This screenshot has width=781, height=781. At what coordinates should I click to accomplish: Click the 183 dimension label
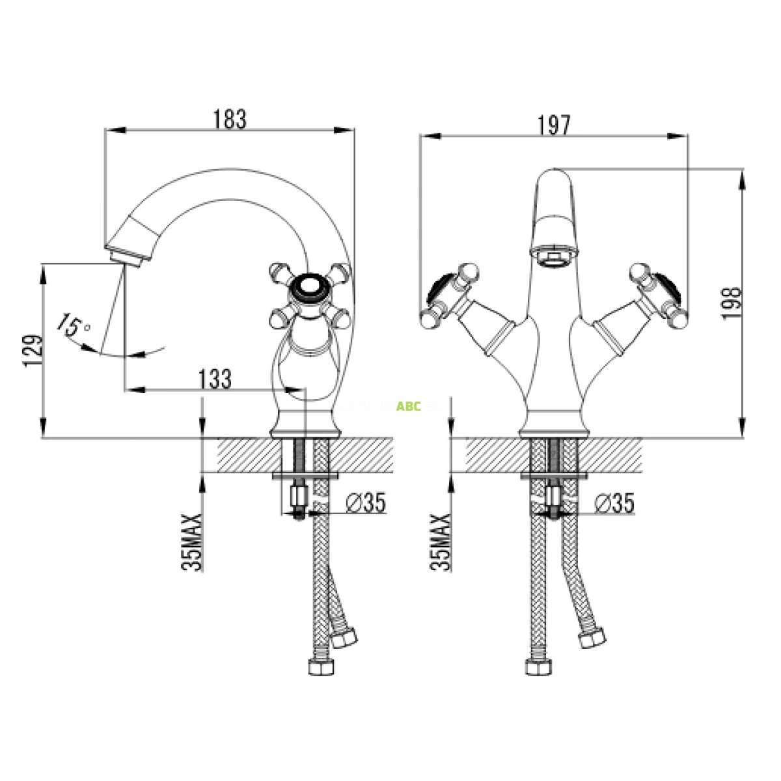pyautogui.click(x=230, y=120)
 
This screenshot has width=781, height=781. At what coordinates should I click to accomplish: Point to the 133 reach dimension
pyautogui.click(x=215, y=379)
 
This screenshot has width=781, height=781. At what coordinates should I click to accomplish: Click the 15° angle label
pyautogui.click(x=73, y=323)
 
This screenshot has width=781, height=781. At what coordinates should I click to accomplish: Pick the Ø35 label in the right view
pyautogui.click(x=614, y=502)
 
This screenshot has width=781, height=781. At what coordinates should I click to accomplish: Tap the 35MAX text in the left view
pyautogui.click(x=193, y=541)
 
